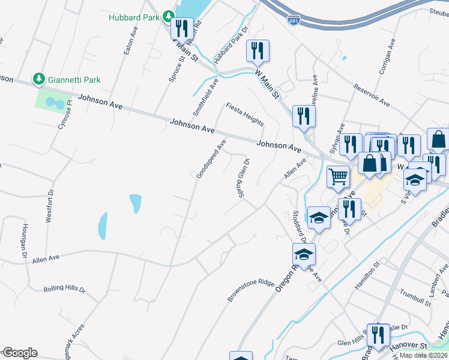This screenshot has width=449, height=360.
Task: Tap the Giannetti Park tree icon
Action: [x=38, y=79]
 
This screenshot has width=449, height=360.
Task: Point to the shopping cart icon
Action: [x=339, y=176]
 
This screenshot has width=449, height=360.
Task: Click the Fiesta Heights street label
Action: [x=244, y=114]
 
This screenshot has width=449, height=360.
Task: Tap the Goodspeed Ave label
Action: [x=211, y=159]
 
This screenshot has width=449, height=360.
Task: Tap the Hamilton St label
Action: [x=367, y=276]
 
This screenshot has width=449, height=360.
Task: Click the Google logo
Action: [x=20, y=353]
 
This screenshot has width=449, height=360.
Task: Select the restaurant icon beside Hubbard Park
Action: [x=181, y=28]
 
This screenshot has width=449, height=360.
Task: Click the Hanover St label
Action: [x=426, y=346]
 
